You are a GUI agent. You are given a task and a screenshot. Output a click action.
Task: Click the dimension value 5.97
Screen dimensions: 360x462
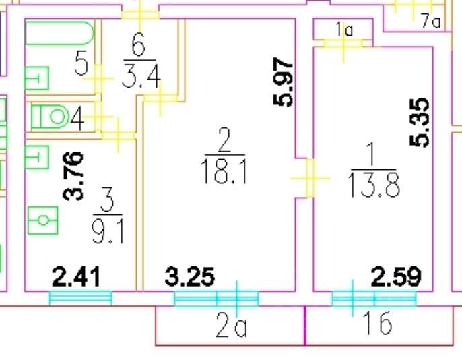click(286, 83)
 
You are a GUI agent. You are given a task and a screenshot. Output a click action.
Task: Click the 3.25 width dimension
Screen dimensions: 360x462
click(191, 276)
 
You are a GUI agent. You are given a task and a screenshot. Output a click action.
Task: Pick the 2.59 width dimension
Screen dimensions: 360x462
click(397, 276)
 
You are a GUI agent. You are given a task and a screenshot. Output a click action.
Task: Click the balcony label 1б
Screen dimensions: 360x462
click(376, 326)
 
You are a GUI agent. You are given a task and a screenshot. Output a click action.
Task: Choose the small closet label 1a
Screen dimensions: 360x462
click(344, 29)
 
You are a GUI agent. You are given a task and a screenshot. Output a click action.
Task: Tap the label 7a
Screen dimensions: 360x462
click(430, 22)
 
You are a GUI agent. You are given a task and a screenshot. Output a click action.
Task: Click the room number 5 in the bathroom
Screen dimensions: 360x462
click(81, 65)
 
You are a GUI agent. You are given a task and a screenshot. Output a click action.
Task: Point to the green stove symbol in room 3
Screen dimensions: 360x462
click(42, 220)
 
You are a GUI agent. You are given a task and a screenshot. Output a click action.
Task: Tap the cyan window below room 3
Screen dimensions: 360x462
click(81, 297)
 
